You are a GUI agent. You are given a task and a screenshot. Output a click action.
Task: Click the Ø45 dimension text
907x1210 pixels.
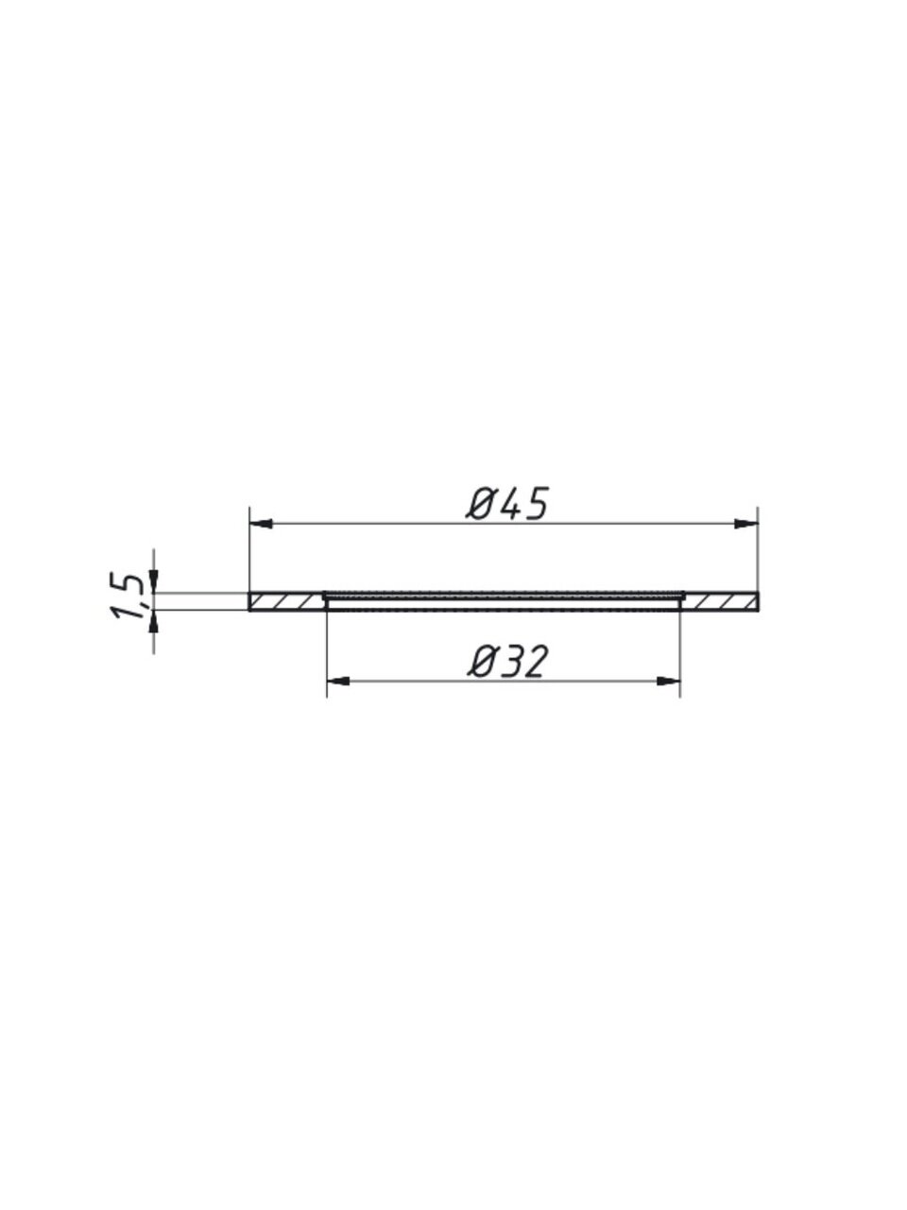tap(507, 503)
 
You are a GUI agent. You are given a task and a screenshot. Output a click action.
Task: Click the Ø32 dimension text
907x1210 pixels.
tap(507, 662)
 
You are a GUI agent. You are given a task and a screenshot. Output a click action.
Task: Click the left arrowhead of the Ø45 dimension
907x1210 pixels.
tap(261, 523)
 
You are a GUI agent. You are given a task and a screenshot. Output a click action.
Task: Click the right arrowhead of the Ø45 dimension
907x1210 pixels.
tap(746, 523)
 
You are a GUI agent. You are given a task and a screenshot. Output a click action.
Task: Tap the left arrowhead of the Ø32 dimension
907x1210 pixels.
tap(338, 682)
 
